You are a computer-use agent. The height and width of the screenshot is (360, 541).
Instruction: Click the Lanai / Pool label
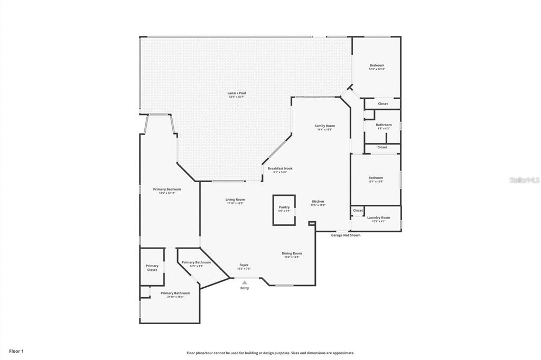237,93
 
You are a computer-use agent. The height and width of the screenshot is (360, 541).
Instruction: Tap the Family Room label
324,126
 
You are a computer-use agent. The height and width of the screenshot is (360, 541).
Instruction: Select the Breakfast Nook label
279,169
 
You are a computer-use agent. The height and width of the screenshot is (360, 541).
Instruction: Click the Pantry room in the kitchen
284,210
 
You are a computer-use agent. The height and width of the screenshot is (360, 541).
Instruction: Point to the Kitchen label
318,202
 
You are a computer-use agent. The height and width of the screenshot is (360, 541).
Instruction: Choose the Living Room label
235,200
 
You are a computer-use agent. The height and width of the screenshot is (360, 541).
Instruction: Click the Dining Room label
292,253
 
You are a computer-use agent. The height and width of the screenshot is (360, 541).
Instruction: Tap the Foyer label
244,265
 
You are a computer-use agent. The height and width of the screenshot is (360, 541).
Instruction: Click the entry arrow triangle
244,282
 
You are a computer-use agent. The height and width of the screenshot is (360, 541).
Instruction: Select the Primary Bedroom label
167,190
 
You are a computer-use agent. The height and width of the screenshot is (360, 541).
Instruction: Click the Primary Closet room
152,268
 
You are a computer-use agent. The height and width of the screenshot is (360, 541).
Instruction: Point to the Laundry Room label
378,217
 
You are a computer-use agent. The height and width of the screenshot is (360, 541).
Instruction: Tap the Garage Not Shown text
346,235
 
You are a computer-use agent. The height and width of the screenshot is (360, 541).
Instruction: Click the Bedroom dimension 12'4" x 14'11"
377,69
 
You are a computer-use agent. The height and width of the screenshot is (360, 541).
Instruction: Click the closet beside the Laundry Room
358,211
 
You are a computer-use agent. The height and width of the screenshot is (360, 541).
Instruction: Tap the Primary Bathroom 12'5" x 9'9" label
196,262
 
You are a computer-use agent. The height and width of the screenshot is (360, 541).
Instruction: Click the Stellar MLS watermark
524,180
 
